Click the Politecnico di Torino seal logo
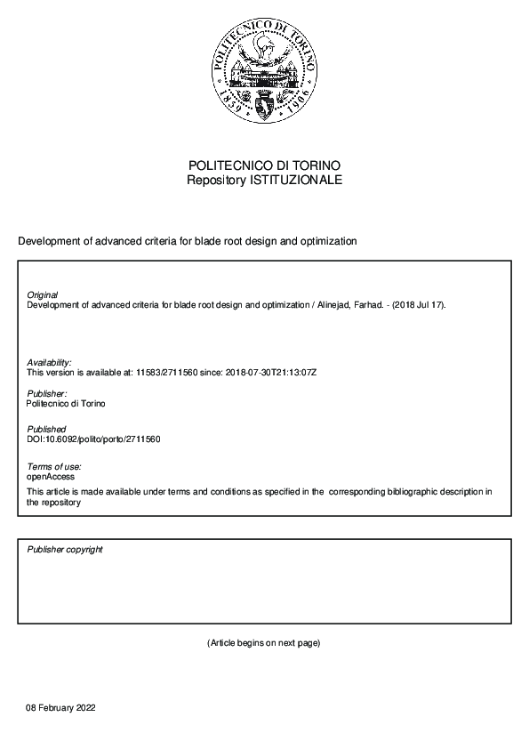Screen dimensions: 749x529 point(264,73)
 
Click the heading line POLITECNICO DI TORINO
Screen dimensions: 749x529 point(264,166)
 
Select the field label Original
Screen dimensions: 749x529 point(42,295)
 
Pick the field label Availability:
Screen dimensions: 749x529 point(49,362)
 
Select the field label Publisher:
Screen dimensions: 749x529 point(46,393)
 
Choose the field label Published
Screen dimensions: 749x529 point(46,430)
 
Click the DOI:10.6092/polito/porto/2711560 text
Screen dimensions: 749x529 point(93,439)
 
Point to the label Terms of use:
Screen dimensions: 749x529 point(53,467)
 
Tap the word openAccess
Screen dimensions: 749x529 point(51,477)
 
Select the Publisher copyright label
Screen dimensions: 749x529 point(65,550)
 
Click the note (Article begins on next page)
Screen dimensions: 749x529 point(263,643)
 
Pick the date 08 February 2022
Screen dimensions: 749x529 point(60,708)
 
